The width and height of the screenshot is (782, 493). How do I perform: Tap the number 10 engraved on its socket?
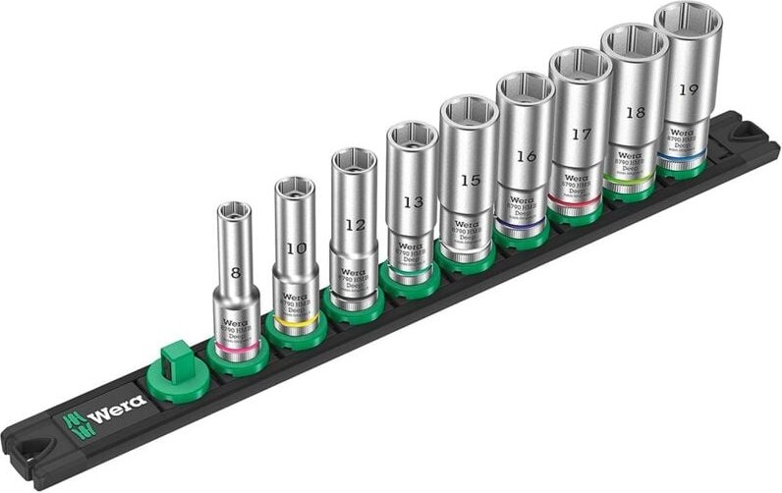[x=295, y=248]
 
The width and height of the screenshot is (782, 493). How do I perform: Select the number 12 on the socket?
[x=355, y=225]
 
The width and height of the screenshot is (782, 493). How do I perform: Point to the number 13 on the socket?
[x=413, y=202]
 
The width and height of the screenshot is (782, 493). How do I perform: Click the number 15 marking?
[x=470, y=180]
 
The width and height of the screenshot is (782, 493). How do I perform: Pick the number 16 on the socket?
[x=526, y=156]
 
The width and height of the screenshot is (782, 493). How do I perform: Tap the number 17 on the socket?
[x=581, y=133]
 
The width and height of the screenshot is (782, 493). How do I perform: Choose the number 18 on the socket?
[x=635, y=112]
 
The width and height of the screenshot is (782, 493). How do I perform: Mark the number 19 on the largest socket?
[x=688, y=89]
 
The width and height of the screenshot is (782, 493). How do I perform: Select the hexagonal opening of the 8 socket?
[x=232, y=209]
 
